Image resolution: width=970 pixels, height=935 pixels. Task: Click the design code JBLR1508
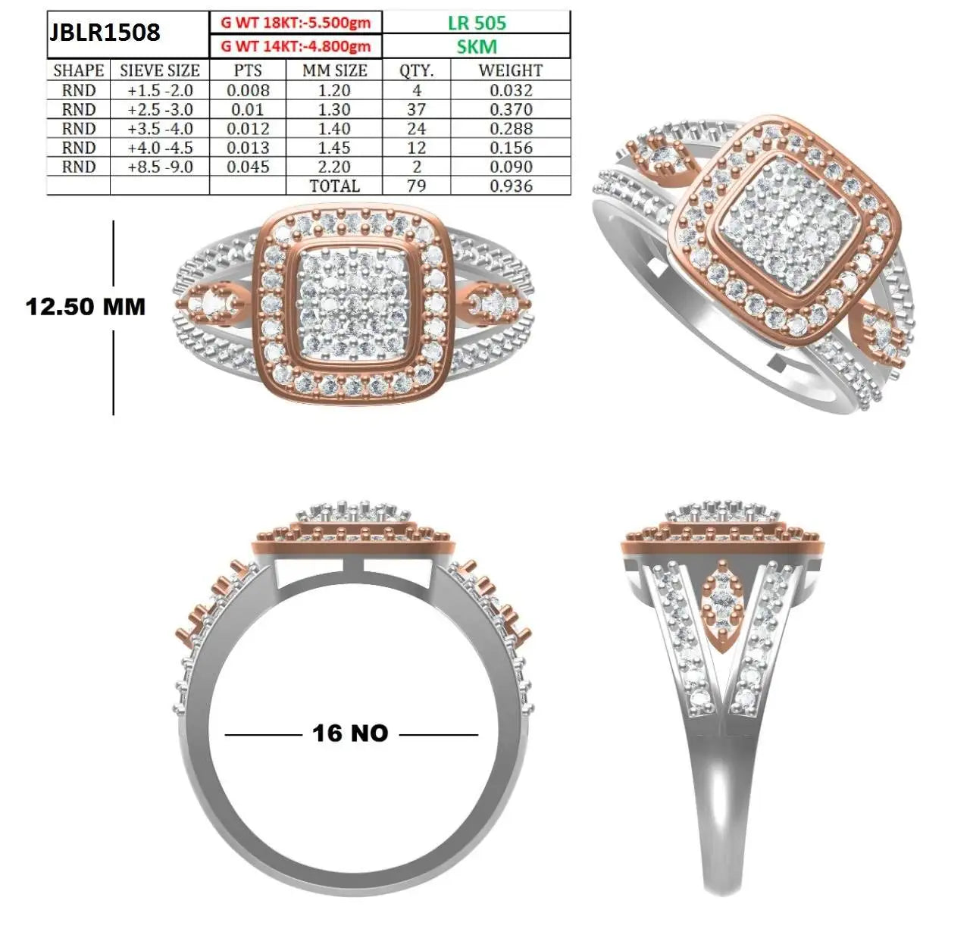104,33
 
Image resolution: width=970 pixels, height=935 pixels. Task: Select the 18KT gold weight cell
296,23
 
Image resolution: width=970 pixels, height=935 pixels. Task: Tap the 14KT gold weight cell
296,46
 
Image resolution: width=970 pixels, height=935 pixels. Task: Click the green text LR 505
477,23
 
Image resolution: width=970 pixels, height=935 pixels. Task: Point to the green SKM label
477,47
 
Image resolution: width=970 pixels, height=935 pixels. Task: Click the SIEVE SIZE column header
159,70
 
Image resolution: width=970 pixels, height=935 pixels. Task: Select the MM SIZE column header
334,70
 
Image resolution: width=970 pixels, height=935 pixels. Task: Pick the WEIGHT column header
511,70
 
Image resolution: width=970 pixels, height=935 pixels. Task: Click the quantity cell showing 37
416,109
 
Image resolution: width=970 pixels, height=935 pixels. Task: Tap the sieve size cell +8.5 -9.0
160,167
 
